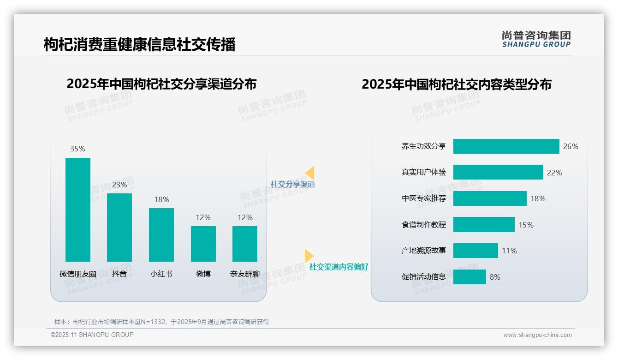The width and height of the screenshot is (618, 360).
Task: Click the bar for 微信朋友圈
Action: [78, 210]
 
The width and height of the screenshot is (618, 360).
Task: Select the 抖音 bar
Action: [119, 227]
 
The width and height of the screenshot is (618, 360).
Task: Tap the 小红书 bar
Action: [161, 234]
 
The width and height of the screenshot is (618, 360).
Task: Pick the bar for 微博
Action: [203, 244]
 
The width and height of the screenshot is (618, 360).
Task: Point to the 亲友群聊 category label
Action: [245, 274]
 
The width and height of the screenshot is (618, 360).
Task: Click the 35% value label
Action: [78, 149]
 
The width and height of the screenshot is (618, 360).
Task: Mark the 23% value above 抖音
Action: [119, 185]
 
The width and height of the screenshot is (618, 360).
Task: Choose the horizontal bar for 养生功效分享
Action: [506, 146]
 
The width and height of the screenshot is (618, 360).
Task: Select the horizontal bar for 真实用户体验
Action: [498, 172]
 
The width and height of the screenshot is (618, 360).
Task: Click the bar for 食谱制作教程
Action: [484, 225]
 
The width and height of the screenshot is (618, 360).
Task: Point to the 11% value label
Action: [510, 251]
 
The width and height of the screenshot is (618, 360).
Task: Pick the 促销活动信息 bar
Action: [469, 277]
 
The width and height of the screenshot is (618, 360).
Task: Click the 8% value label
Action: [495, 277]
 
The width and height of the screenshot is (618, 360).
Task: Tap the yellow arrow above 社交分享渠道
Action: [310, 173]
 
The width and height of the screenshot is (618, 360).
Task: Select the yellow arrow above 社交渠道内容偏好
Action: [309, 256]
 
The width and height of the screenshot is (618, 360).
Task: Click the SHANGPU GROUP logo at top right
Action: [536, 39]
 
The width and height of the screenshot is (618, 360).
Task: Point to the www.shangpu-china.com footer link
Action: [537, 335]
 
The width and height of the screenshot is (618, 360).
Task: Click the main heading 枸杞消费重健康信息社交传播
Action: [140, 44]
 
